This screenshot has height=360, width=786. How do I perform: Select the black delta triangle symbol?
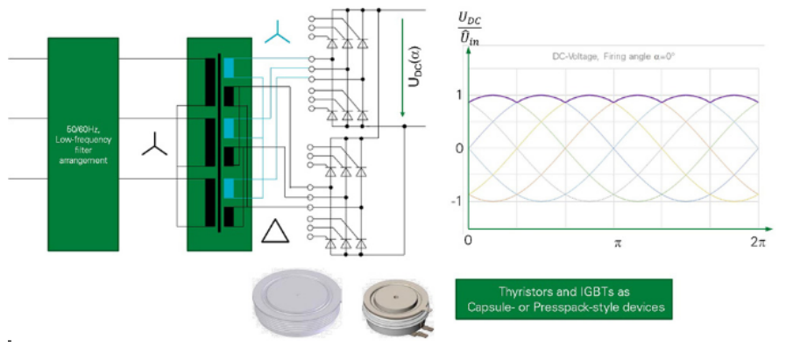coord(274,231)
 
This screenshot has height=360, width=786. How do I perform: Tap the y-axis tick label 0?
coord(458,147)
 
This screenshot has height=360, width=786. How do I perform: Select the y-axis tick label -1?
coord(457,201)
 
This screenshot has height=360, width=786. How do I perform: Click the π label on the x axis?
coord(617,241)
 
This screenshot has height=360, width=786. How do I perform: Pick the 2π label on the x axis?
coord(758,240)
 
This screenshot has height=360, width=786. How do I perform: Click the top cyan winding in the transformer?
coord(230,67)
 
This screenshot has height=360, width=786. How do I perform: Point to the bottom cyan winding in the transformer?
coord(230,187)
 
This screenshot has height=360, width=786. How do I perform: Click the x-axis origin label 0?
coord(470,241)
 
